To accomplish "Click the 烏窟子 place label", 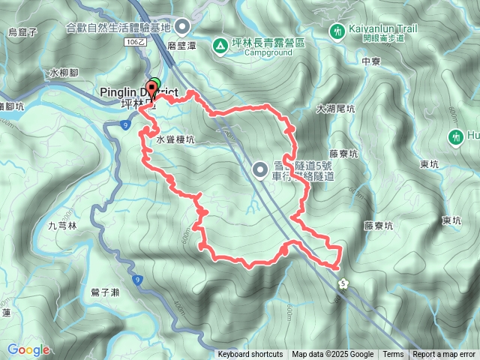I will (x=22, y=32).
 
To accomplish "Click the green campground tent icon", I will (x=219, y=45).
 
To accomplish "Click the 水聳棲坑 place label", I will (x=175, y=139).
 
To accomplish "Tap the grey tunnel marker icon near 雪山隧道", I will (x=260, y=169).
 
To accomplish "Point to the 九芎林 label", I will (x=63, y=225).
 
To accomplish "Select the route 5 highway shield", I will (x=343, y=283).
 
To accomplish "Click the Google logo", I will (x=28, y=350).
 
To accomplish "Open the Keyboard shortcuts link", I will (x=250, y=355).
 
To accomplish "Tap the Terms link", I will (x=393, y=355).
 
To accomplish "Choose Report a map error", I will (x=444, y=355).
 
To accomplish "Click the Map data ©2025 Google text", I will (x=332, y=355).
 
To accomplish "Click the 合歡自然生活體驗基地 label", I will (x=118, y=28).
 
